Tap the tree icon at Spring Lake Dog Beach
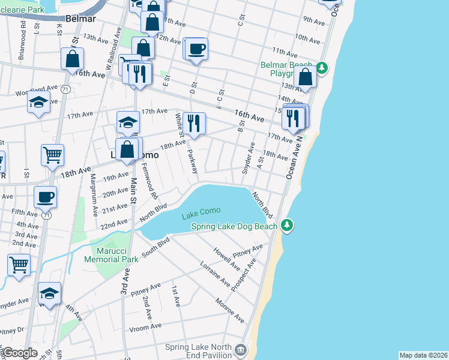tap(288, 226)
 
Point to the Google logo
tap(19, 353)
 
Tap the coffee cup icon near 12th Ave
tap(196, 48)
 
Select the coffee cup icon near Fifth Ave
tap(45, 196)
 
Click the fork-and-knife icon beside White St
tap(193, 123)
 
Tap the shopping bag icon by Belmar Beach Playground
tap(306, 77)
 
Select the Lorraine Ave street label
tap(215, 273)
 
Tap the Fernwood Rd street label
tap(149, 183)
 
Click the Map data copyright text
tap(423, 355)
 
